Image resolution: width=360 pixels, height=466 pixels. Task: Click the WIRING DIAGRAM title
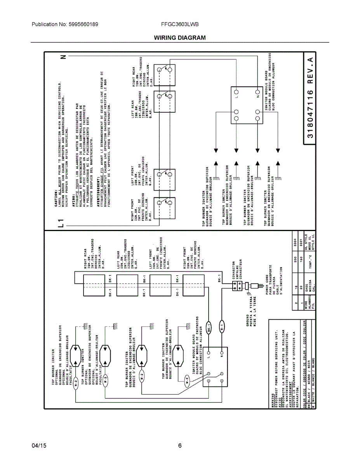tap(180, 38)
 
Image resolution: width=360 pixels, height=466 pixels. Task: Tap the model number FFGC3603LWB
tap(180, 24)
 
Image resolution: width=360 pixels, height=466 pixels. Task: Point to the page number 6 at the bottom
tap(180, 446)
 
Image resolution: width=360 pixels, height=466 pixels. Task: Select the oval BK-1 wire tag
tap(209, 328)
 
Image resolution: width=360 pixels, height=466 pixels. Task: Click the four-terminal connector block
tap(237, 286)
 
